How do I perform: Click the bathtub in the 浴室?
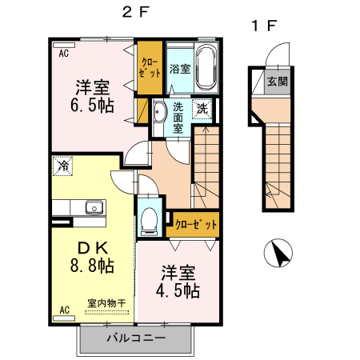[206, 66]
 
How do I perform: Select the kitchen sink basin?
[94, 207]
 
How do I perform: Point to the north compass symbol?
[278, 253]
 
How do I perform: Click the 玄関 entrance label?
[278, 81]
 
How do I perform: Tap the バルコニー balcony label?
[136, 338]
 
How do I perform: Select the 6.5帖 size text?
[92, 106]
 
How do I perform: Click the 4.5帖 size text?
[178, 290]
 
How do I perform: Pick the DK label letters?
[93, 248]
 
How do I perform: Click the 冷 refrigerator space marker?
[62, 166]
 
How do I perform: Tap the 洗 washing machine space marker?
[202, 109]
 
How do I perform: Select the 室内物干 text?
[106, 303]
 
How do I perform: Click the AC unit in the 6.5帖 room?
[64, 45]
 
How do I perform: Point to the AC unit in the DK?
[64, 318]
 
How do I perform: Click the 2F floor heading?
[136, 12]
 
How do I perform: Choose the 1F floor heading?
[264, 26]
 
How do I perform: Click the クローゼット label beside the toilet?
[195, 225]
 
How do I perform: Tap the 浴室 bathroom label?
[180, 69]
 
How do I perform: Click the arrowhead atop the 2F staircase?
[206, 130]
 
